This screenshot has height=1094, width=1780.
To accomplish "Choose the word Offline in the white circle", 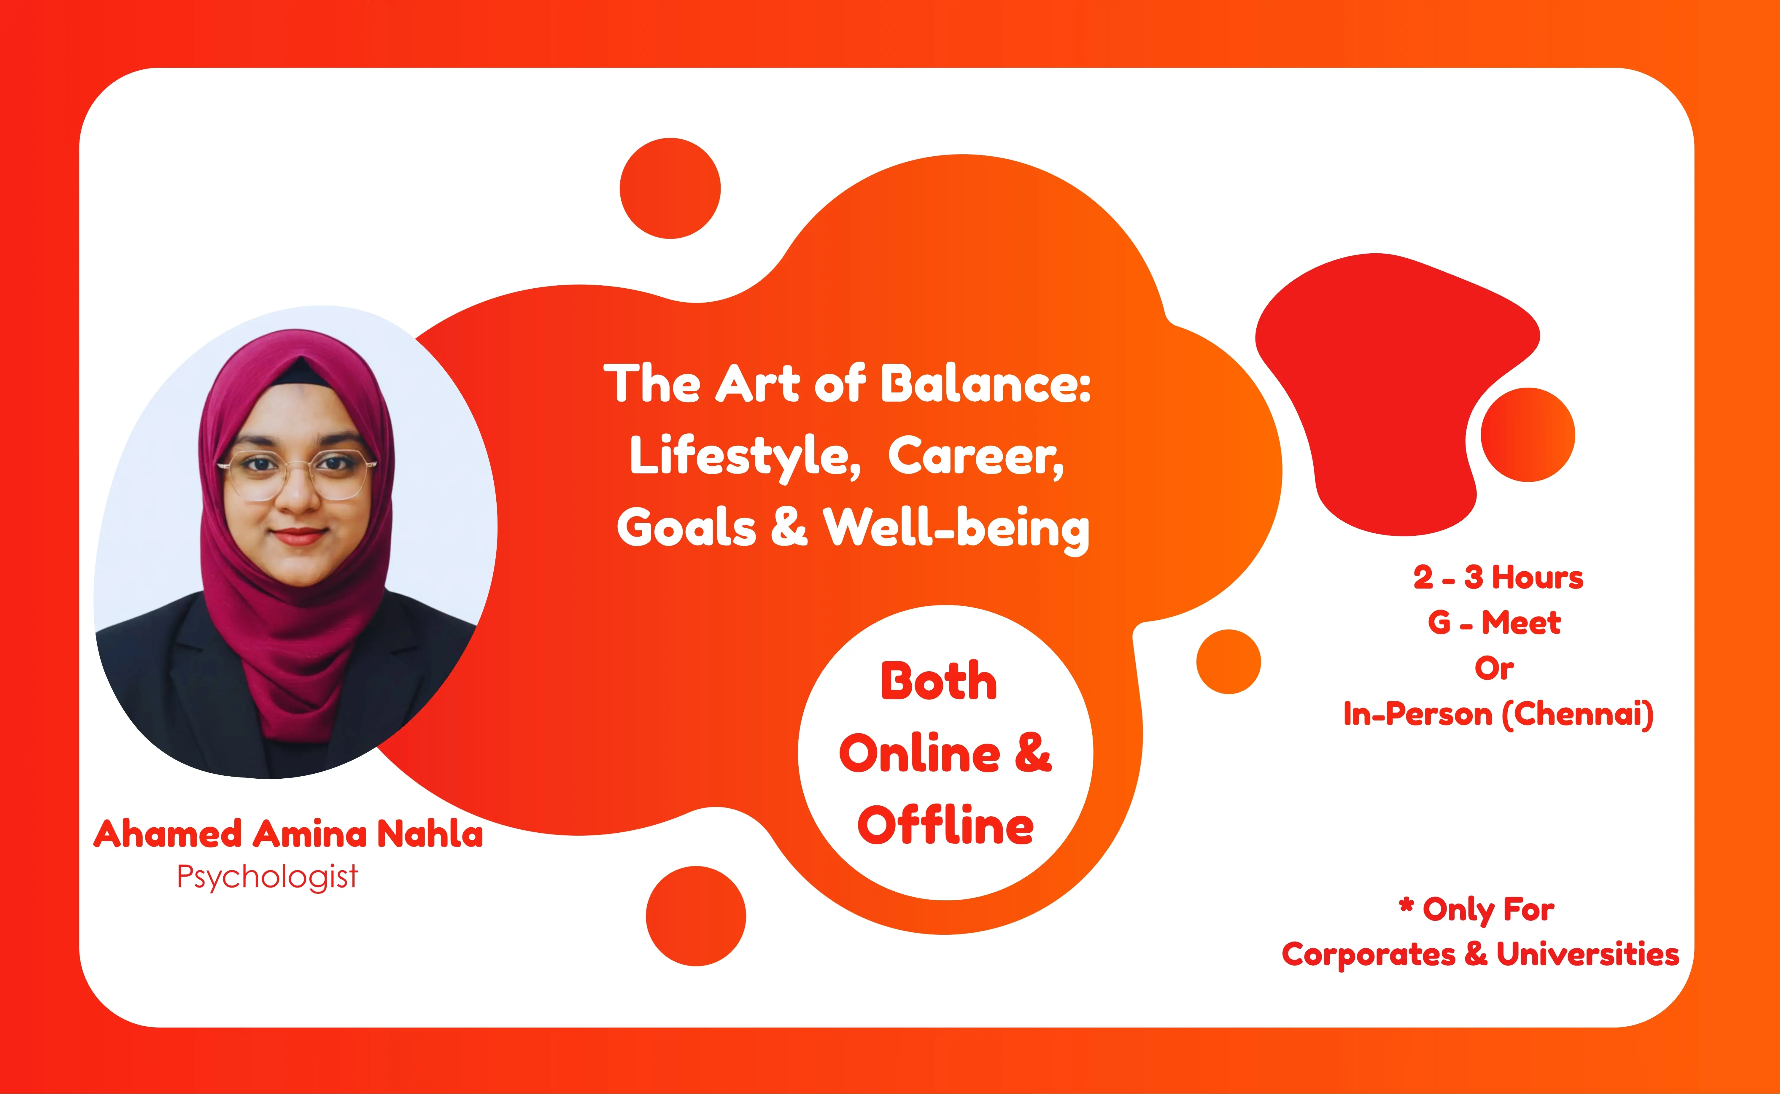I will (945, 826).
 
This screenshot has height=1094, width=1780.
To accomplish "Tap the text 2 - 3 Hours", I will (1498, 577).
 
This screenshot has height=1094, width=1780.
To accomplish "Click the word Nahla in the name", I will (430, 834).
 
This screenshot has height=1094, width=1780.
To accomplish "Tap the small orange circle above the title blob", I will (670, 188).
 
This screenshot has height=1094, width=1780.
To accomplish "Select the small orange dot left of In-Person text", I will (1228, 661).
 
